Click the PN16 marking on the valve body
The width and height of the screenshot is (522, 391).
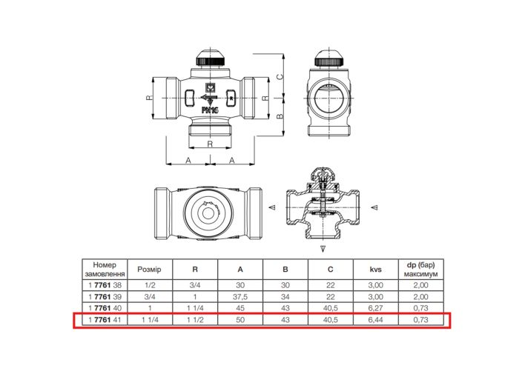(x=210, y=110)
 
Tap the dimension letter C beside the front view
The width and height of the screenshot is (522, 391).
(x=280, y=76)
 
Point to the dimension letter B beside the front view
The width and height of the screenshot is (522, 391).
(x=280, y=117)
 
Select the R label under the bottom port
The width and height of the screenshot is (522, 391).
(x=210, y=144)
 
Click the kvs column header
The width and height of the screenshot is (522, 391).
(x=375, y=270)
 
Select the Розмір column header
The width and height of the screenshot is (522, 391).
(x=150, y=270)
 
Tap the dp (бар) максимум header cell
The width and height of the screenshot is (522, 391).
(x=421, y=270)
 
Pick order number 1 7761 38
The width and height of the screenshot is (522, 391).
(x=105, y=285)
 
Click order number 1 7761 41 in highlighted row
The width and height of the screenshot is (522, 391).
(x=105, y=320)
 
